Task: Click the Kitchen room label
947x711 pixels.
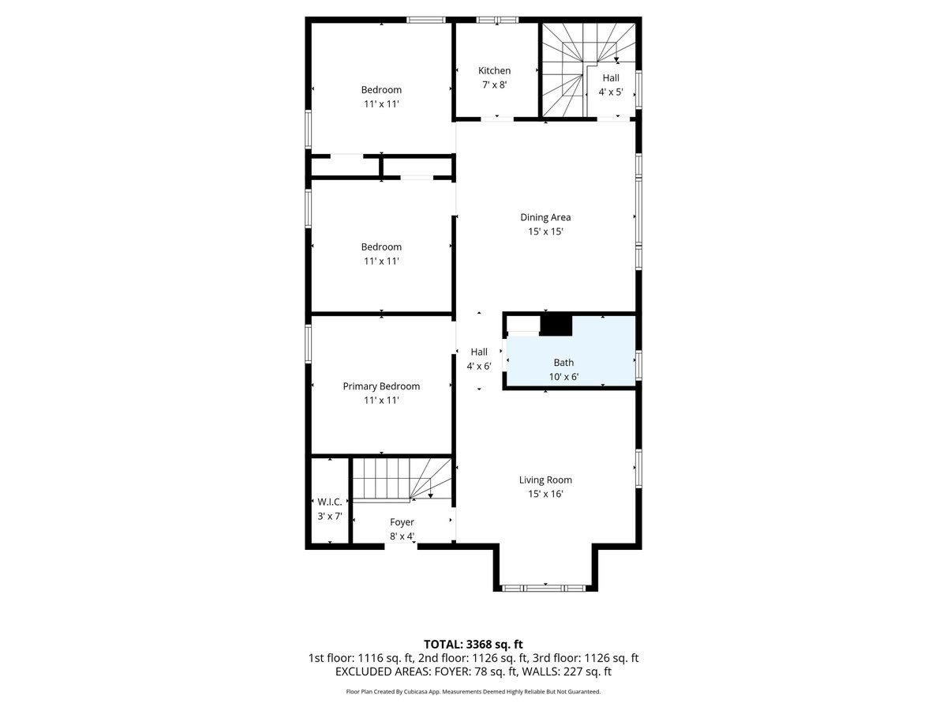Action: tap(494, 70)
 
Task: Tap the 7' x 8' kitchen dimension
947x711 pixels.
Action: tap(494, 85)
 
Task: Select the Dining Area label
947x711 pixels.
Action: tap(545, 217)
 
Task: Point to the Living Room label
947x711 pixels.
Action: tap(545, 480)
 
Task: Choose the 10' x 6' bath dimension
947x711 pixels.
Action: tap(563, 377)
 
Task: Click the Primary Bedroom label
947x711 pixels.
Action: tap(381, 386)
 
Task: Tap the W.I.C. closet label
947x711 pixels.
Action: tap(328, 502)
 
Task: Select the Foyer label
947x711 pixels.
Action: tap(402, 522)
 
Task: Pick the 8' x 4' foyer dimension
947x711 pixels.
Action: tap(402, 536)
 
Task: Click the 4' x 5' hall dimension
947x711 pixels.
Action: tap(611, 92)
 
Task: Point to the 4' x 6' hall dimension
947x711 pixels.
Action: tap(479, 366)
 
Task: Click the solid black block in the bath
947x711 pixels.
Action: tap(556, 325)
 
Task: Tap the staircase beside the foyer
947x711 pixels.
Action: tap(401, 479)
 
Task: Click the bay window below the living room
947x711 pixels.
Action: tap(545, 588)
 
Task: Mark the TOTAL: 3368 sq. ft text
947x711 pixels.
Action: tap(473, 644)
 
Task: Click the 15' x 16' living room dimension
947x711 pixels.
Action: tap(545, 494)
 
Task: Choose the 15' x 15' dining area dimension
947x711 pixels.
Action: tap(545, 231)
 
